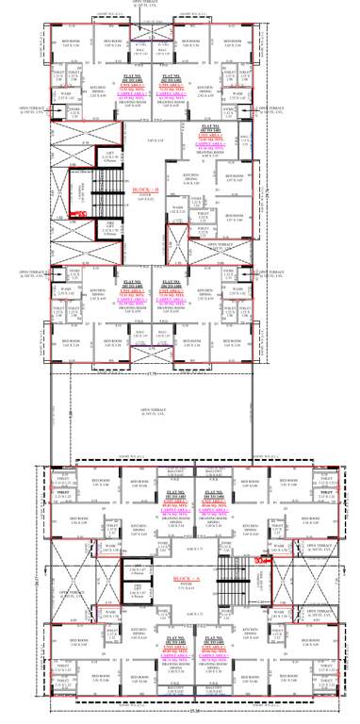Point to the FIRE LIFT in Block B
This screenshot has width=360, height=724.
pyautogui.click(x=110, y=225)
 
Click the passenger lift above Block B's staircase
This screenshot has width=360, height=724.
pyautogui.click(x=110, y=156)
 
